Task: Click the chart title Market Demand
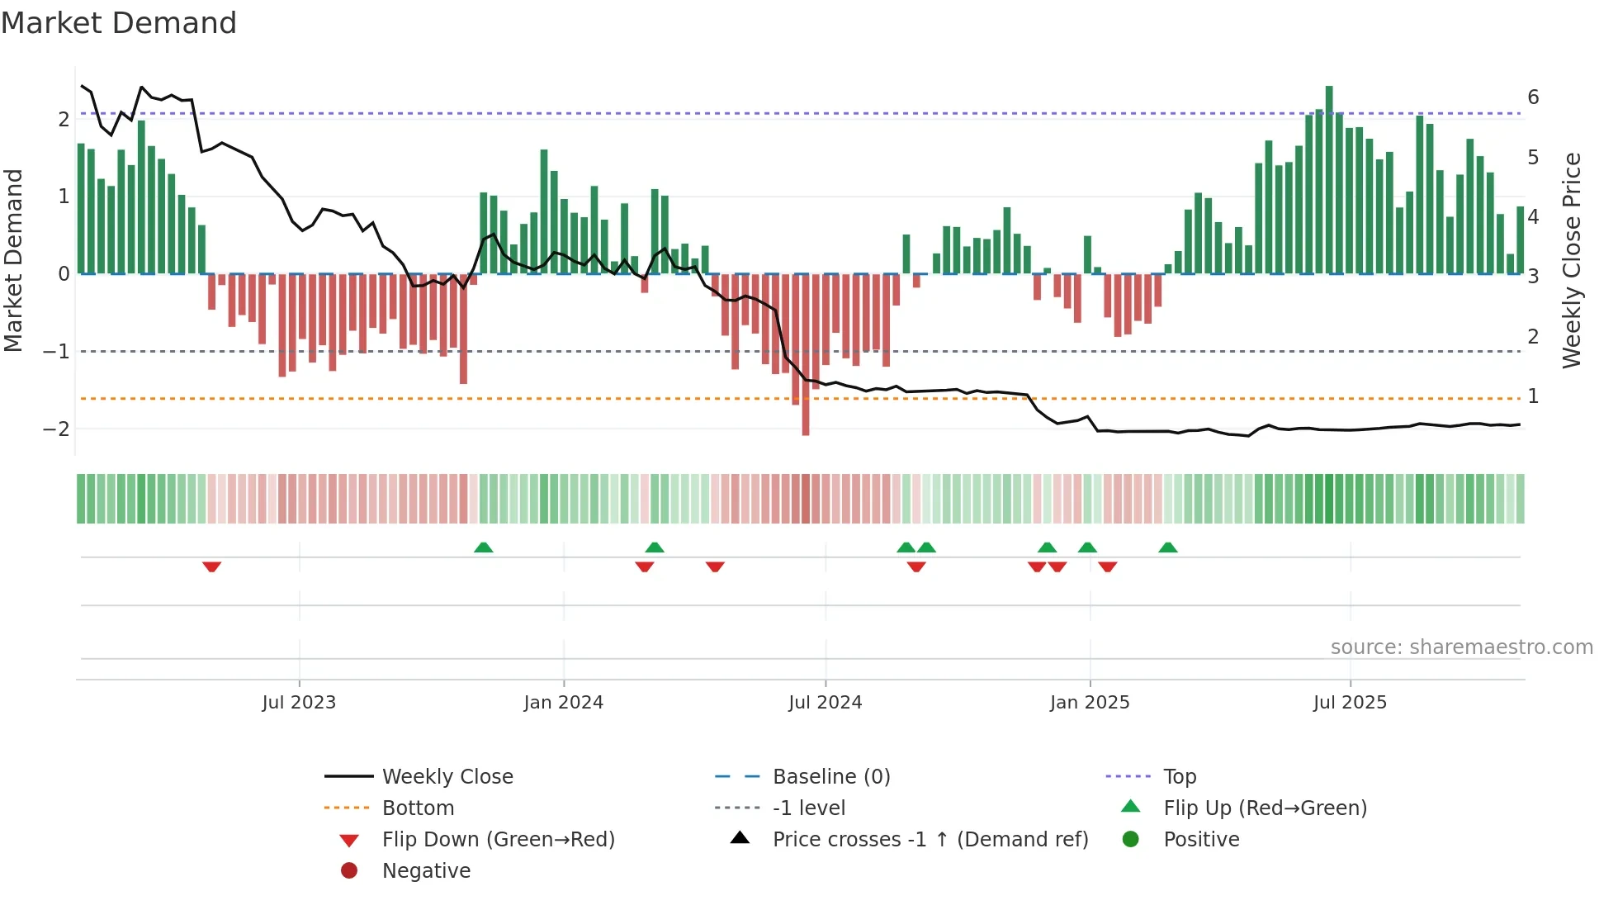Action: [x=119, y=23]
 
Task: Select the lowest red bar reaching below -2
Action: [x=806, y=355]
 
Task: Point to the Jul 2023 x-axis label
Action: [x=299, y=703]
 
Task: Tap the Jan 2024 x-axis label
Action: [x=564, y=703]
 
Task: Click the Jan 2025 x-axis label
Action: [x=1090, y=703]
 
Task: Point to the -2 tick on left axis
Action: [x=57, y=429]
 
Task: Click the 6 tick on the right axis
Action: [x=1533, y=97]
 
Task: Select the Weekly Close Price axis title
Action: [x=1572, y=260]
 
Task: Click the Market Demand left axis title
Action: [x=14, y=260]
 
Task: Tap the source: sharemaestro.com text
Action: [x=1461, y=647]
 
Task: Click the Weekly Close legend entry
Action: [x=447, y=777]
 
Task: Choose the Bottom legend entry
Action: [x=418, y=808]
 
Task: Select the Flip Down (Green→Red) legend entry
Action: [x=498, y=840]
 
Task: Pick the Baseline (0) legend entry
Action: [x=830, y=777]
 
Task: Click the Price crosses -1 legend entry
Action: [x=930, y=840]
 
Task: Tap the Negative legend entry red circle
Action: [x=349, y=871]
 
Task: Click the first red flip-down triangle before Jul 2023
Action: [x=212, y=566]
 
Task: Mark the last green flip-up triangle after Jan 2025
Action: [x=1168, y=547]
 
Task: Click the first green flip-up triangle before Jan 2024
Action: [x=484, y=547]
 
